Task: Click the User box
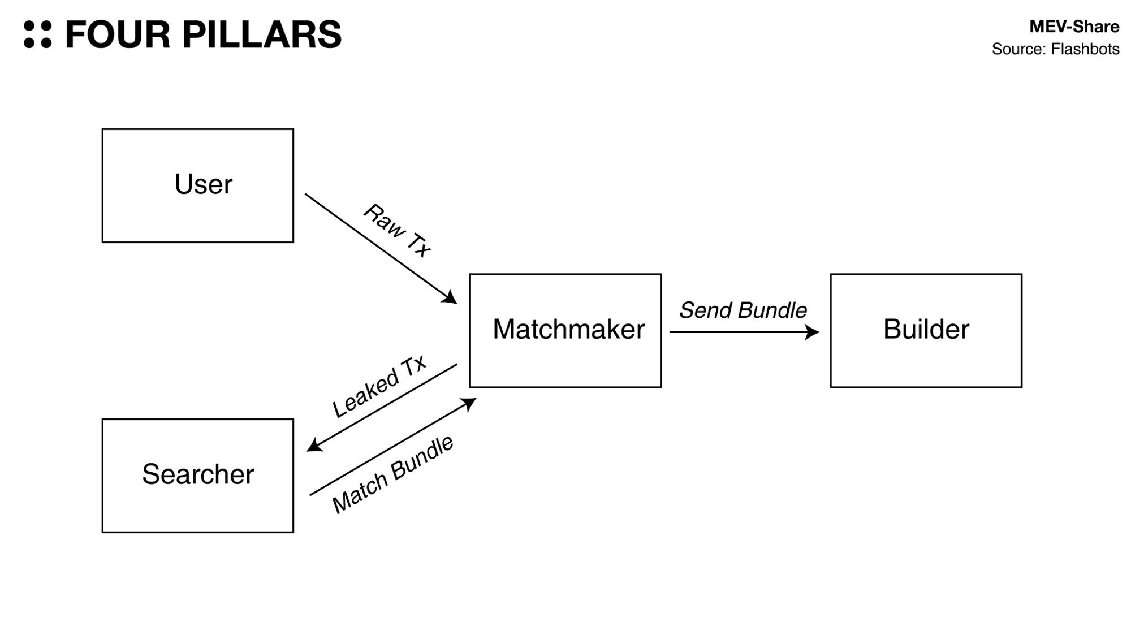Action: pyautogui.click(x=197, y=185)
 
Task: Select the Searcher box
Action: pyautogui.click(x=197, y=475)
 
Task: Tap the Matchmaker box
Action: pyautogui.click(x=565, y=330)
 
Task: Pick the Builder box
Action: pyautogui.click(x=926, y=330)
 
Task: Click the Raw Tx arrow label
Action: pyautogui.click(x=397, y=230)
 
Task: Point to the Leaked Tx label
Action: pyautogui.click(x=379, y=387)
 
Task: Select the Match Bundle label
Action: pyautogui.click(x=392, y=474)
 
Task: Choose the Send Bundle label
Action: pyautogui.click(x=743, y=310)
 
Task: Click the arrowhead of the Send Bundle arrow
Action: pyautogui.click(x=813, y=332)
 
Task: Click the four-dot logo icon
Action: pyautogui.click(x=38, y=34)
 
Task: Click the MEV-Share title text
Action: pyautogui.click(x=1074, y=27)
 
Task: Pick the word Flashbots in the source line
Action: pyautogui.click(x=1085, y=49)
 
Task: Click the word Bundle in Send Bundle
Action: pyautogui.click(x=772, y=310)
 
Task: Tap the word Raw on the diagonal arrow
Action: pyautogui.click(x=384, y=219)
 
